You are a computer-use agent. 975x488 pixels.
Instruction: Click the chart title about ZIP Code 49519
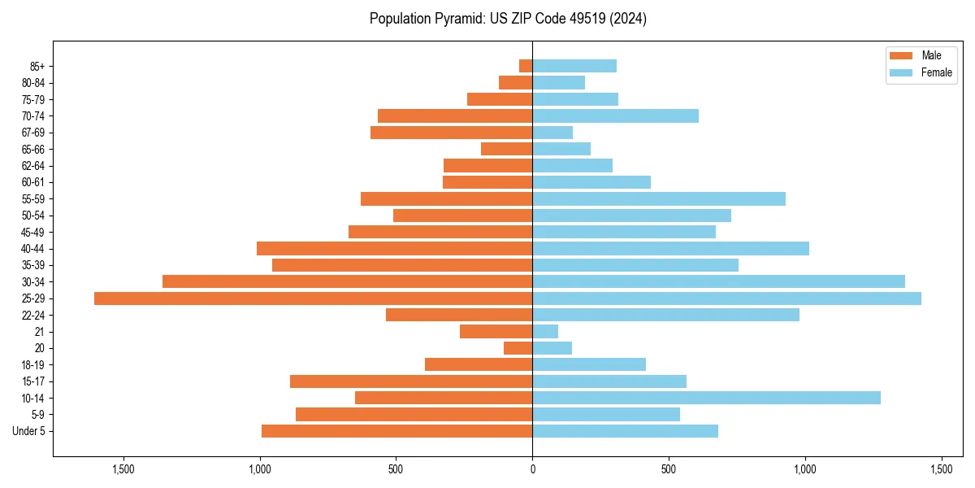[508, 19]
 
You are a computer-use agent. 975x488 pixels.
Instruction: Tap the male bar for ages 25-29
[313, 298]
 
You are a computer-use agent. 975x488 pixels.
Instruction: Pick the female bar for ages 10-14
[706, 398]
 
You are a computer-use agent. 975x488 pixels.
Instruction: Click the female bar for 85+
[574, 66]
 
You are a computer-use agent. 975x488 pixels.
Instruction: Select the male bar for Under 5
[396, 431]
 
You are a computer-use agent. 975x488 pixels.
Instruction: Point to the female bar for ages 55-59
[659, 198]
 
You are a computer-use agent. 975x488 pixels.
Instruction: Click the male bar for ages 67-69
[451, 133]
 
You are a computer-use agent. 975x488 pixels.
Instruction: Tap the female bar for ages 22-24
[665, 315]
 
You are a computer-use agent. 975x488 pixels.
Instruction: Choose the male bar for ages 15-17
[411, 381]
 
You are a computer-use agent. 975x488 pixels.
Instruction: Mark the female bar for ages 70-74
[615, 115]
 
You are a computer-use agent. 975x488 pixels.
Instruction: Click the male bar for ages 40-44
[394, 248]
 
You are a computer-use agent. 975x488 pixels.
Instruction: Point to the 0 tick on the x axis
[532, 470]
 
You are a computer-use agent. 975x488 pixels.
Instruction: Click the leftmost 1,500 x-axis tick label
[123, 470]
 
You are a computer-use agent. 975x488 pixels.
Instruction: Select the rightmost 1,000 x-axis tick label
[805, 470]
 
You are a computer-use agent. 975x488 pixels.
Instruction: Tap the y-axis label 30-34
[33, 282]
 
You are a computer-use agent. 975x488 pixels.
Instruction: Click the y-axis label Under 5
[29, 431]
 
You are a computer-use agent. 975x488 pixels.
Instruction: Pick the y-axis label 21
[40, 332]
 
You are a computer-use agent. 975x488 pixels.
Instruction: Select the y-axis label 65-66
[33, 149]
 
